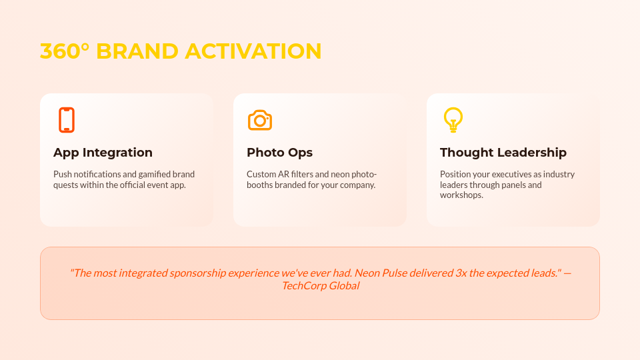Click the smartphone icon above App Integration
pos(66,120)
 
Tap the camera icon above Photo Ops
pos(260,120)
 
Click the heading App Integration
pos(103,153)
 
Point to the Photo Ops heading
pos(279,153)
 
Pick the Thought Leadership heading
pos(503,153)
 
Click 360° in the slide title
pos(65,51)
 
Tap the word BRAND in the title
pos(137,51)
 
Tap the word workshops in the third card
pos(461,195)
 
